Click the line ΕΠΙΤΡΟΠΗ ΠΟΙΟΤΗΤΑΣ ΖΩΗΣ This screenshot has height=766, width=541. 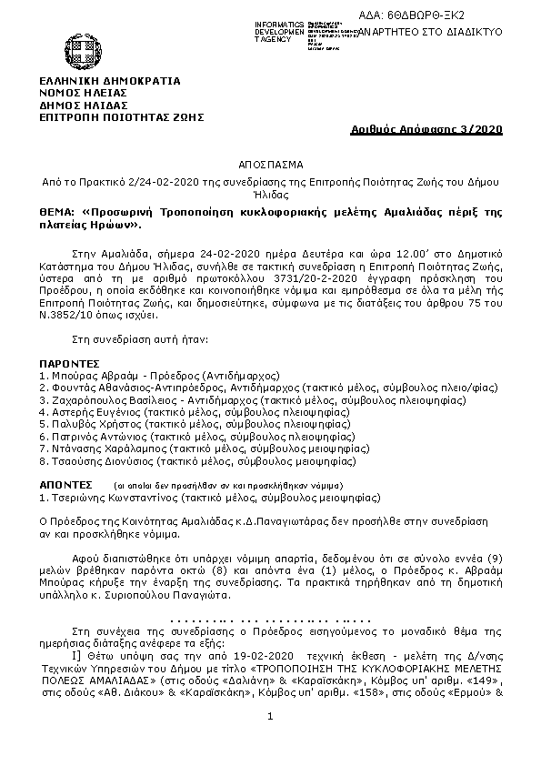pyautogui.click(x=121, y=116)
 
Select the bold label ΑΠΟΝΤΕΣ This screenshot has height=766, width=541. pyautogui.click(x=66, y=485)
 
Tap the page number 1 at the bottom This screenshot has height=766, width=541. pyautogui.click(x=270, y=719)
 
